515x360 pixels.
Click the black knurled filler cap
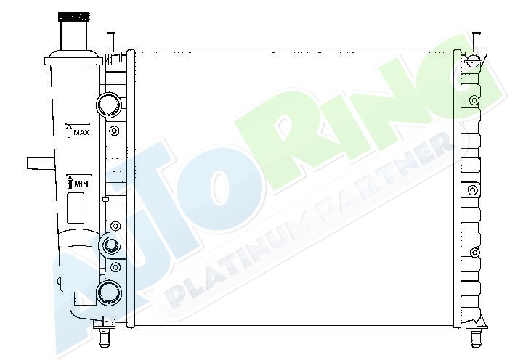pos(74,17)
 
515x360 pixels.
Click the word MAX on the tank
pos(81,133)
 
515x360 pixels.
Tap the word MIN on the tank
pos(81,184)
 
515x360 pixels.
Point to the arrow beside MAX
pos(69,131)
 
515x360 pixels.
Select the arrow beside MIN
pos(70,182)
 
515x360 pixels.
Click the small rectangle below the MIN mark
pos(76,208)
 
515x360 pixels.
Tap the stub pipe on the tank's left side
pos(41,163)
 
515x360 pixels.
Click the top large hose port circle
pos(109,105)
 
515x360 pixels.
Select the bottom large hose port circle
pos(110,293)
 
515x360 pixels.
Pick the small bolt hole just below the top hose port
pos(114,131)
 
